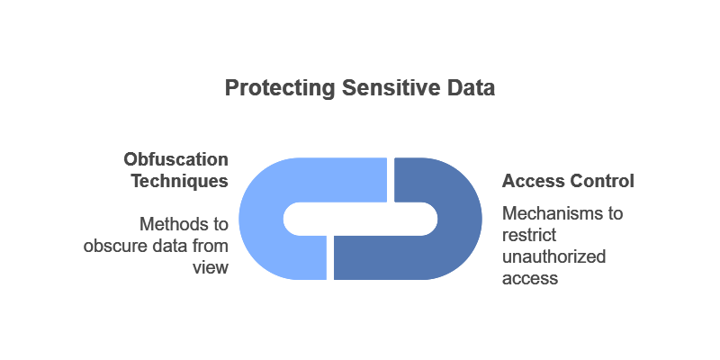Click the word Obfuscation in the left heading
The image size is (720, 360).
175,159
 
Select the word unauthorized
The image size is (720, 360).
553,257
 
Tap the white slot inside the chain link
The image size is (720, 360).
360,219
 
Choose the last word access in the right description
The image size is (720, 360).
530,279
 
